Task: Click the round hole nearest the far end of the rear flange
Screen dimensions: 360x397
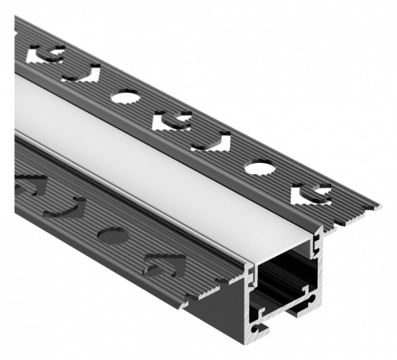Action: [x=125, y=97]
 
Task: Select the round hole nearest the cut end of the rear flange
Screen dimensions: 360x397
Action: [x=259, y=168]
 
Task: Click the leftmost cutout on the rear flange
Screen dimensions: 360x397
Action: [x=46, y=55]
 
